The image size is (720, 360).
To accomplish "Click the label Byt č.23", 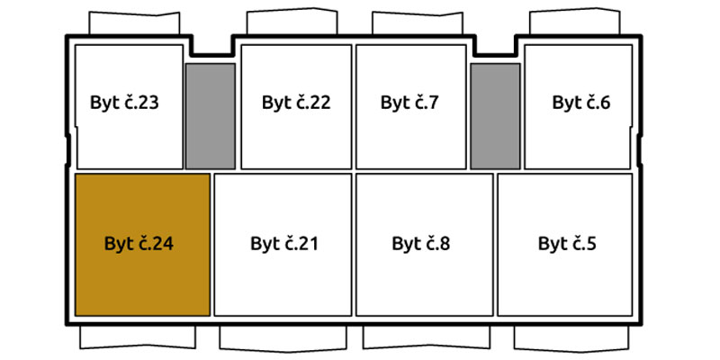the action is pos(124,103).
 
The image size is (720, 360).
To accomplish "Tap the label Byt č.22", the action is pos(296,103).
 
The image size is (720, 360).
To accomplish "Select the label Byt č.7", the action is pos(409,103).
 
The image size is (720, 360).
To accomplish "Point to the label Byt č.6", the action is pos(581,103).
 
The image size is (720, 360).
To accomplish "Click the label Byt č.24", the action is pos(139,244).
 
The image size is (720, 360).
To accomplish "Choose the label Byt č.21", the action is pos(284,244).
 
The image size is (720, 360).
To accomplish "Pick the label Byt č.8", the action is pos(421,244).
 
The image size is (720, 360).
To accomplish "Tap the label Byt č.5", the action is pos(567,244).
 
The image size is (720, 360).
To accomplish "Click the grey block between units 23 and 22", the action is pos(211,116).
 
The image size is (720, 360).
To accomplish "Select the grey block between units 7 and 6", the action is pos(496,116).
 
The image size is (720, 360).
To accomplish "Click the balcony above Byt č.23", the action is pos(134,22).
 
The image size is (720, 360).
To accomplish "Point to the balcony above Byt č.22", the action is pos(292,21).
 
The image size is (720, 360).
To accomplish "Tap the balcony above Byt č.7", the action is pos(417,22).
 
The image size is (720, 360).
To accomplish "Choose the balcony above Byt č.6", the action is pos(575,21).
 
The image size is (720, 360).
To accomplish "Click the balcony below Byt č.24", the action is pos(138,337).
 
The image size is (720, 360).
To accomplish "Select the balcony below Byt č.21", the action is pos(283,338).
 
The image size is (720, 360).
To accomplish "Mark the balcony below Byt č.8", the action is pos(427,337).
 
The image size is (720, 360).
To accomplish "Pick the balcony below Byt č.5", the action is pos(571,338).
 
